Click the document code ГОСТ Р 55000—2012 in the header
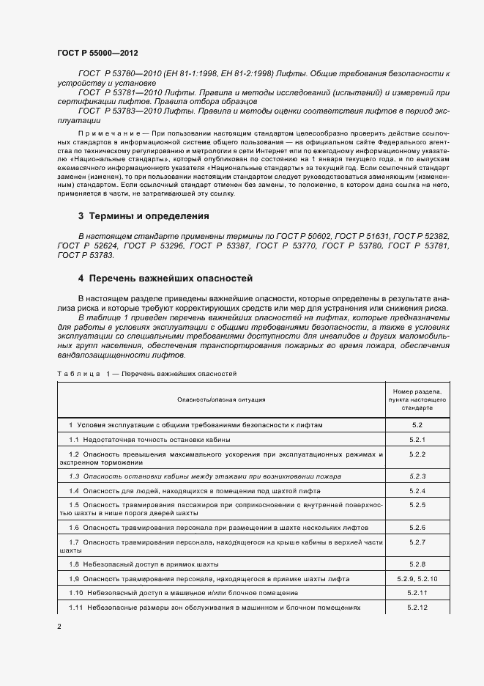(97, 54)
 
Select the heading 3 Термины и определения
(144, 216)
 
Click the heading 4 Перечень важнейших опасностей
(165, 279)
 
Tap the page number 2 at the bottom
(59, 627)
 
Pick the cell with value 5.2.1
(417, 440)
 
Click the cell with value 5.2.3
(417, 476)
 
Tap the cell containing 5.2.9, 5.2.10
(417, 578)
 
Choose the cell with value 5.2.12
(417, 608)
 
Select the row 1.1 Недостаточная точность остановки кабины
(149, 440)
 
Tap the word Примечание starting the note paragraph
(104, 133)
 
